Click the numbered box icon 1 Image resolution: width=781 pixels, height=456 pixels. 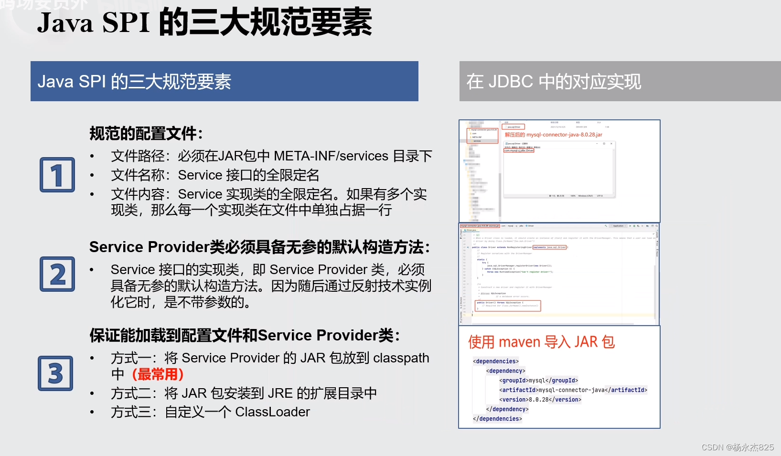pos(57,175)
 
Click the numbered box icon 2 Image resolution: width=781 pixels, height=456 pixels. pos(57,274)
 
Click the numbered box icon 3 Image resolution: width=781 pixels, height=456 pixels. pos(56,373)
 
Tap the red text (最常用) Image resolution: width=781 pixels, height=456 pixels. pos(158,374)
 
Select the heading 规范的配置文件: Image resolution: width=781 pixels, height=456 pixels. pos(146,133)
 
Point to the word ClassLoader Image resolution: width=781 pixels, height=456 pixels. pos(272,412)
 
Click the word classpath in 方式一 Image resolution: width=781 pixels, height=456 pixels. pos(401,358)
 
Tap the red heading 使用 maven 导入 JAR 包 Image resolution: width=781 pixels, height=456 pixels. pos(541,342)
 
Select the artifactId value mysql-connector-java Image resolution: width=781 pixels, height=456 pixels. pos(572,390)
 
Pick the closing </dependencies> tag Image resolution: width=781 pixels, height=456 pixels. pos(497,419)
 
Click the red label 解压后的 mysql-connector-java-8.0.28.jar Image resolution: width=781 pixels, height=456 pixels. pos(553,135)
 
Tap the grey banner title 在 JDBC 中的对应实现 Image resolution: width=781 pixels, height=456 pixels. pos(554,82)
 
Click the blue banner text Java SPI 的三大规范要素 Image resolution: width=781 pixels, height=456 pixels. pos(134,82)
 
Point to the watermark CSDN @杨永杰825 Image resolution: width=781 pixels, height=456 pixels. pos(738,447)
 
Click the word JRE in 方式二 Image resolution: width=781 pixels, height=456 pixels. pos(280,393)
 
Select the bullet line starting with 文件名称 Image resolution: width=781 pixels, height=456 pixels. pos(215,175)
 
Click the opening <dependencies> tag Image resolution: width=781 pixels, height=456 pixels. pos(496,361)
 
